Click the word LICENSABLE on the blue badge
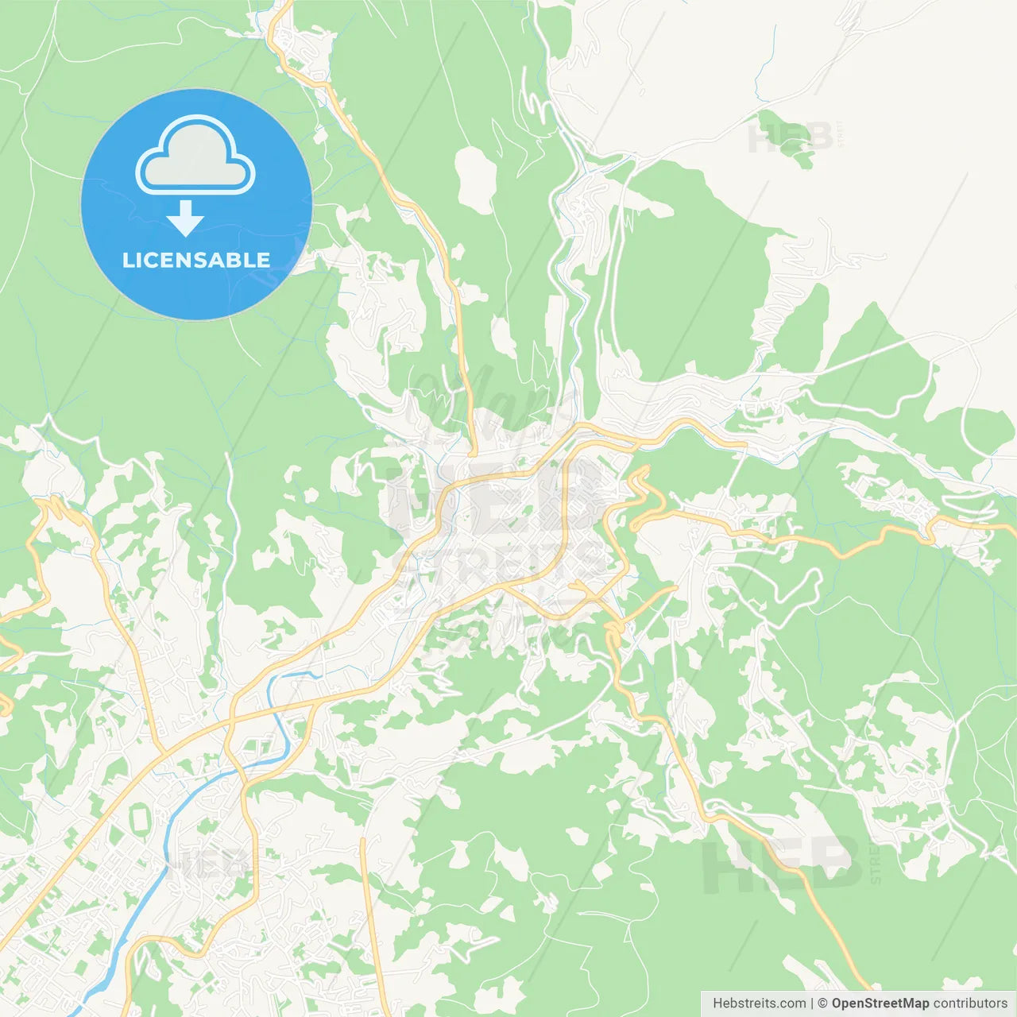point(196,260)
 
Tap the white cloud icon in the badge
point(195,157)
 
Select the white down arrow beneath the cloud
point(186,218)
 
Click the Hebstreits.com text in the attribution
point(760,1003)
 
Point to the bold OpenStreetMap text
point(880,1003)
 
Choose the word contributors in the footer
point(970,1003)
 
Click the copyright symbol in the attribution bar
point(822,1003)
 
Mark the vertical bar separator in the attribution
point(812,1003)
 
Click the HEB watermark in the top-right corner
point(790,139)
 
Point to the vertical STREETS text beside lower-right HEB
point(876,864)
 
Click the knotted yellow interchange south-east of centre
point(614,635)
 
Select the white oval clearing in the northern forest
point(476,179)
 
